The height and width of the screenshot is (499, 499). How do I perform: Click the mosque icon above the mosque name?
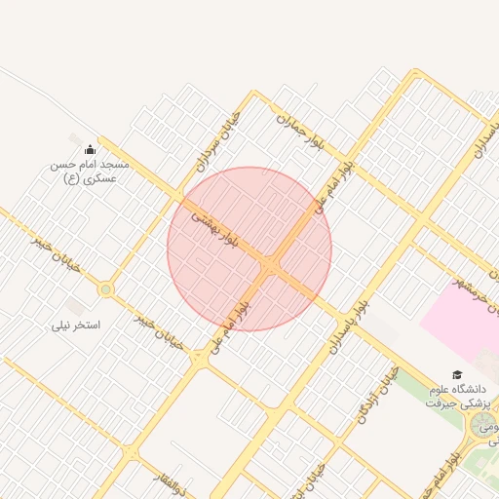click(x=91, y=149)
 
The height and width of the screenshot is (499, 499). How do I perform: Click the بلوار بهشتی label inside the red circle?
click(x=214, y=227)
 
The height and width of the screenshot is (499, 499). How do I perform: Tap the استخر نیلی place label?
click(x=77, y=324)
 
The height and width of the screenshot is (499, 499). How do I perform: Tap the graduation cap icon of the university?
click(x=456, y=374)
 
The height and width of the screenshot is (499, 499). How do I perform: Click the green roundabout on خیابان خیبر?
click(x=105, y=289)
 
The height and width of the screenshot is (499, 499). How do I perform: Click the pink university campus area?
click(x=463, y=322)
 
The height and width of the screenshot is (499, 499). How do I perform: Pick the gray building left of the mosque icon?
click(x=75, y=140)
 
